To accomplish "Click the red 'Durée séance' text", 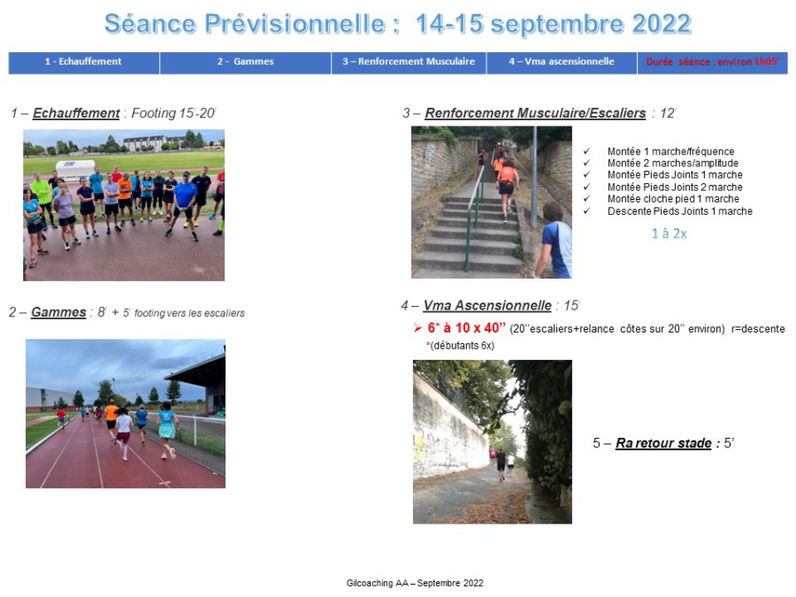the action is [713, 62].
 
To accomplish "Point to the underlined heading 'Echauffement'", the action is [76, 113].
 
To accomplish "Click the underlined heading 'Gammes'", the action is [58, 312].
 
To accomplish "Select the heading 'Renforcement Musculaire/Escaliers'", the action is [535, 113].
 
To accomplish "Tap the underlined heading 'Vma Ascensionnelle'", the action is [487, 306].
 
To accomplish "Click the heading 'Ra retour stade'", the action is [663, 443].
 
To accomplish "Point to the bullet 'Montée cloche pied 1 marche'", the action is [673, 199].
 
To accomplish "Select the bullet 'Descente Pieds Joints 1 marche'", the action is [680, 211].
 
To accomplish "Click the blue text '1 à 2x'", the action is [670, 233].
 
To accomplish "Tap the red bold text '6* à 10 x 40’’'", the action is [466, 328].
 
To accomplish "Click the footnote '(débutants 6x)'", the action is [462, 346].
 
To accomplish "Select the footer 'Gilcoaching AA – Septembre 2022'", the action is [415, 584].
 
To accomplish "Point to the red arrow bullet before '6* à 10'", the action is [417, 328].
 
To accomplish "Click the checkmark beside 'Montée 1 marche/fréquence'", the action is [587, 151].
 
